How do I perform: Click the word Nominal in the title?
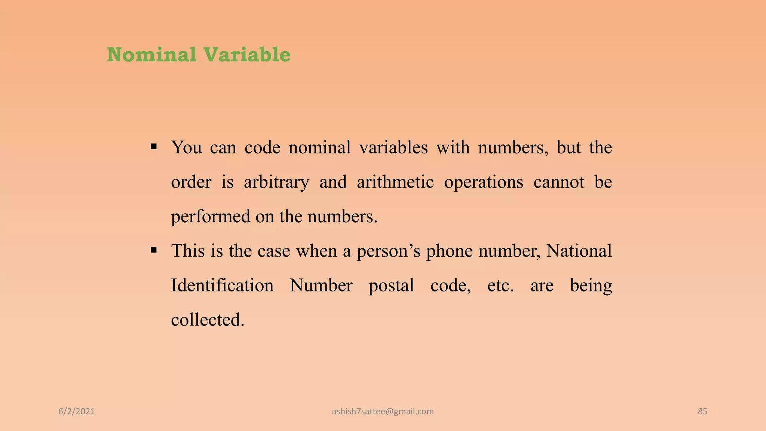coord(151,55)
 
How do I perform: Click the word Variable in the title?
coord(247,55)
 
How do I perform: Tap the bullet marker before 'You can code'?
coord(153,146)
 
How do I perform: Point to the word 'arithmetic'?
coord(395,182)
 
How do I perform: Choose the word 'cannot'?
coord(559,182)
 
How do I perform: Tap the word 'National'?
coord(579,251)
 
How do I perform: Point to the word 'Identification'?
coord(222,285)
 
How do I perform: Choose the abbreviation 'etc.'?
coord(500,286)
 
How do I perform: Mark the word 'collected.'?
coord(208,320)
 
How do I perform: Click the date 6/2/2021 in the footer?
coord(77,412)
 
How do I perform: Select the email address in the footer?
coord(383,412)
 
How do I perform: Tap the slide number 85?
coord(702,412)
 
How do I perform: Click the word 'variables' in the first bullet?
coord(393,147)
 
